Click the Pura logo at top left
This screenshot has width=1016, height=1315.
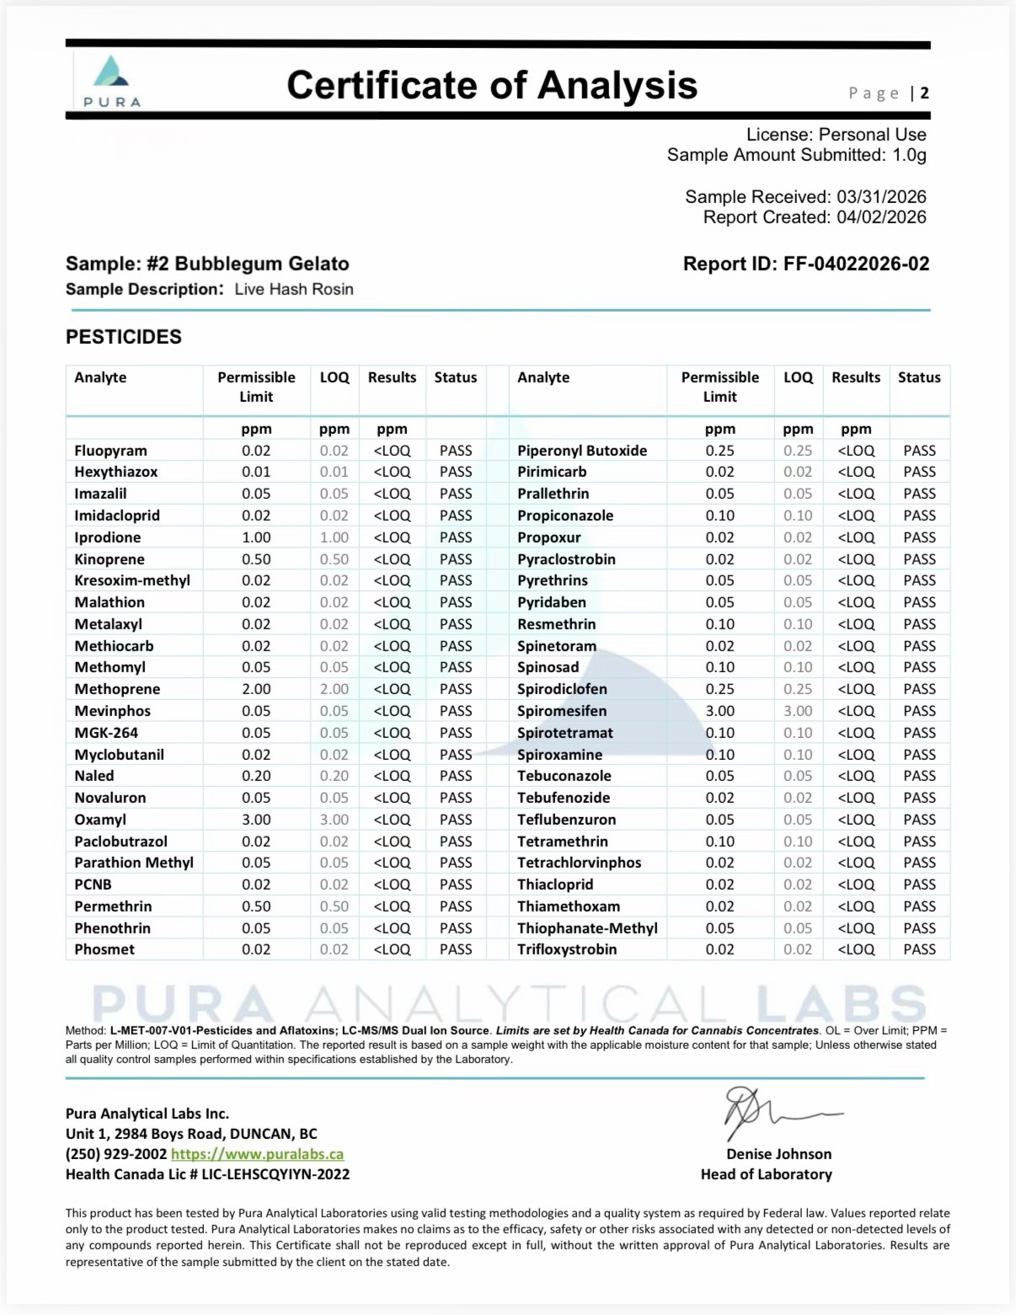click(x=112, y=81)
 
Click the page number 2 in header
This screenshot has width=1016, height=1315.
click(x=924, y=93)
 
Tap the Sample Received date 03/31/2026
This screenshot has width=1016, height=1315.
click(x=881, y=197)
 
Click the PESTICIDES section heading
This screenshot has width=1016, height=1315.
click(x=124, y=337)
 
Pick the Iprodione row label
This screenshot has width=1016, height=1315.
click(x=108, y=537)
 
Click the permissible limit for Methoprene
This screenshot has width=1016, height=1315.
click(x=256, y=689)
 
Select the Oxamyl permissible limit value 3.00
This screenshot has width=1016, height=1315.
click(x=256, y=820)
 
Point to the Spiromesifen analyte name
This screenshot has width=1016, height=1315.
click(x=562, y=711)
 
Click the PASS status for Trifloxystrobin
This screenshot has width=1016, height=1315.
click(x=919, y=949)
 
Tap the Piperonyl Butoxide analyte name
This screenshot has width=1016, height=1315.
click(x=582, y=451)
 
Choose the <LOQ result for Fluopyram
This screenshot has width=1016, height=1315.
click(x=392, y=451)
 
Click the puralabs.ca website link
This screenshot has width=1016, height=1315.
click(x=257, y=1154)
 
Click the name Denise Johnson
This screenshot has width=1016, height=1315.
click(x=778, y=1154)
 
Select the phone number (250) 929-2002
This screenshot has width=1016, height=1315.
click(x=116, y=1154)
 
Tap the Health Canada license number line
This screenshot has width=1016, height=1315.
click(x=207, y=1174)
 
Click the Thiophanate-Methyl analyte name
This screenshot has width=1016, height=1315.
click(x=587, y=928)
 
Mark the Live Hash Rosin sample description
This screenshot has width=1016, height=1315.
click(x=294, y=290)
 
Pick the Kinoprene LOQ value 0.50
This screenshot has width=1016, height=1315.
click(x=334, y=559)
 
